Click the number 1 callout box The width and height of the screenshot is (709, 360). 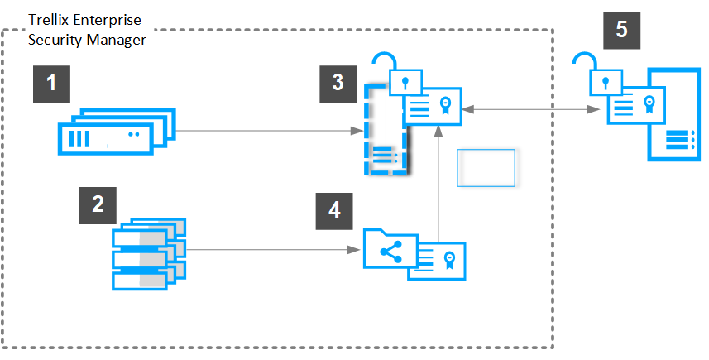(x=51, y=84)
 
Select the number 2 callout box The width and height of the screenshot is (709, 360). (x=98, y=205)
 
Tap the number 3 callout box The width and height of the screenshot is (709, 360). (x=338, y=84)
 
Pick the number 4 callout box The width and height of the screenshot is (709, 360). (x=334, y=211)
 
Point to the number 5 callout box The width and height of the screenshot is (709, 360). (x=622, y=31)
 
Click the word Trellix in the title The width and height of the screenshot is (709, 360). (x=50, y=20)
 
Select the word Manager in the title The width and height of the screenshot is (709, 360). (x=116, y=41)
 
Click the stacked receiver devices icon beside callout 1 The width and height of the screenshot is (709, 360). (x=117, y=131)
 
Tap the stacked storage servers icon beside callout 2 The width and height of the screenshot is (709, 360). (x=149, y=253)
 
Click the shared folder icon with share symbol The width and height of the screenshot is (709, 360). (x=390, y=249)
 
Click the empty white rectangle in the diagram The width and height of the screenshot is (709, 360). (x=486, y=168)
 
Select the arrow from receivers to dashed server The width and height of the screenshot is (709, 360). (x=270, y=131)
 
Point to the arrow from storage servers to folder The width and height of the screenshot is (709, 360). (x=273, y=250)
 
